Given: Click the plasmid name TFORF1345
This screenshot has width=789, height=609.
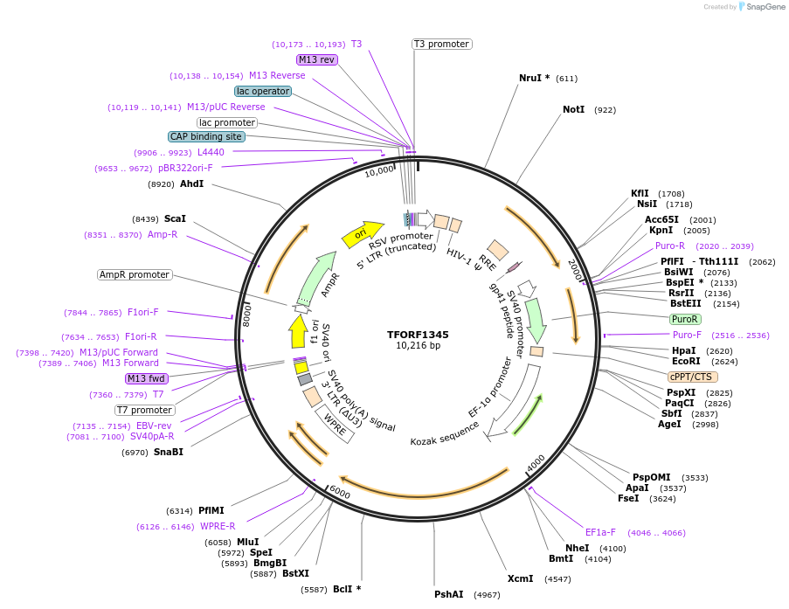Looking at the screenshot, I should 418,334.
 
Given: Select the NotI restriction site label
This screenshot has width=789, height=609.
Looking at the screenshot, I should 573,110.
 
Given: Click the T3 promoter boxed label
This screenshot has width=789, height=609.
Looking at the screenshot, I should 441,44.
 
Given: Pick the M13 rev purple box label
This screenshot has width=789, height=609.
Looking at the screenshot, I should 316,59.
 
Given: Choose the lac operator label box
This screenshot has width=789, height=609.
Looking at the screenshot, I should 262,91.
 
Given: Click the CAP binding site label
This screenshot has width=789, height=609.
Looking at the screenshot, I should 206,136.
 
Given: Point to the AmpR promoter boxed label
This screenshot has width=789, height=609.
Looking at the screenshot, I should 135,274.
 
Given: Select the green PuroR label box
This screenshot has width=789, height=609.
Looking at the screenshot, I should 685,319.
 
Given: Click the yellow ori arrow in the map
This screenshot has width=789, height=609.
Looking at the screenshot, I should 362,232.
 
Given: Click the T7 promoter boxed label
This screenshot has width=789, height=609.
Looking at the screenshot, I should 144,410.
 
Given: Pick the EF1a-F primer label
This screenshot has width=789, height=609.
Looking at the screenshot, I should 600,532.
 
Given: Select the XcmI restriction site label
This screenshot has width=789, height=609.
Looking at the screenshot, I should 520,578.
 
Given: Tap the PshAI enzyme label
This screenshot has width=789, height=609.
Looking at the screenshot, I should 449,594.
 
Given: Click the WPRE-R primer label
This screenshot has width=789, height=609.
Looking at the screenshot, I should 218,526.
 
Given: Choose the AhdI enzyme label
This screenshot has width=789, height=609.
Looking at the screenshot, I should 191,183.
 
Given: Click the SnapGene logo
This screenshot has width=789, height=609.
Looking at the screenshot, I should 758,7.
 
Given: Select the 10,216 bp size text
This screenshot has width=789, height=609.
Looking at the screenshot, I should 418,345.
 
